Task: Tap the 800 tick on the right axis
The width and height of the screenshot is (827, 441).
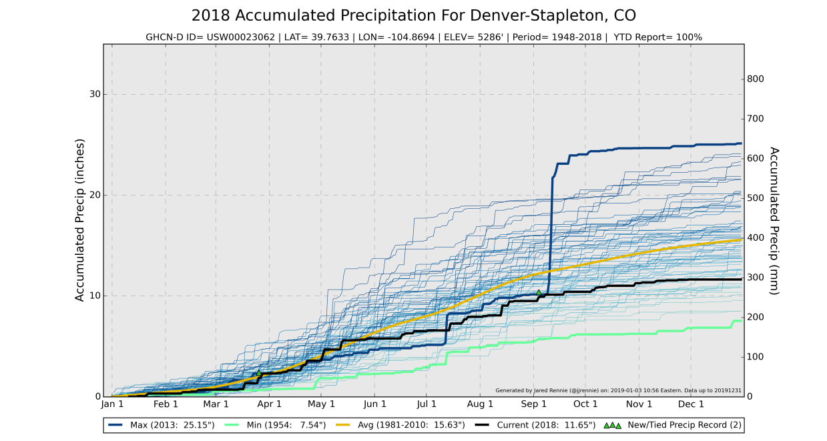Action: click(x=756, y=79)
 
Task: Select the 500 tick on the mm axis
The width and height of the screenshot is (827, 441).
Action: click(x=756, y=198)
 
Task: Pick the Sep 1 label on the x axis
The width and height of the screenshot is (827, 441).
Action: click(x=533, y=404)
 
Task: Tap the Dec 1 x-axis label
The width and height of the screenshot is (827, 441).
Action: click(x=692, y=404)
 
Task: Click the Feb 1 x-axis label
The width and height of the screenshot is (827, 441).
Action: click(x=166, y=404)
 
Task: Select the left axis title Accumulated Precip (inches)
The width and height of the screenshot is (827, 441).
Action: click(x=80, y=220)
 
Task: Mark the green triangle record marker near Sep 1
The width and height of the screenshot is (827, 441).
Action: click(x=539, y=292)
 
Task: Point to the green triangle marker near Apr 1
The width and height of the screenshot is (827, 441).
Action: click(x=259, y=373)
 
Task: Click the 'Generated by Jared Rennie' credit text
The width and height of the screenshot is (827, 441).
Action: click(x=618, y=390)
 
